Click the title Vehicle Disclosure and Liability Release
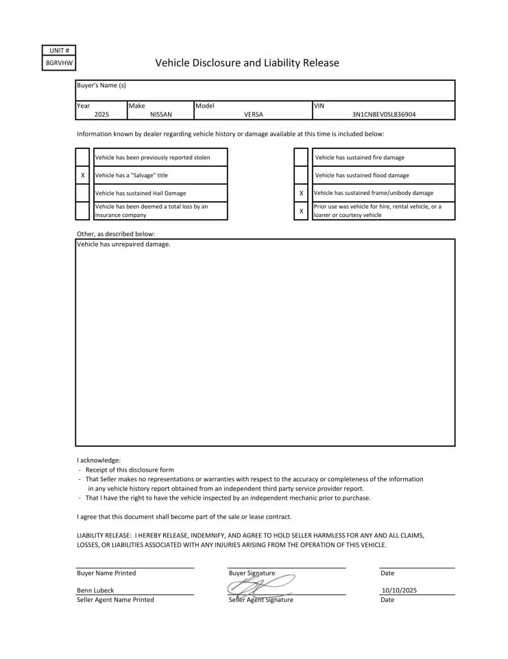click(247, 63)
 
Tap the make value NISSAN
click(160, 115)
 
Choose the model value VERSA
click(254, 115)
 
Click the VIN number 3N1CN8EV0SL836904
click(383, 115)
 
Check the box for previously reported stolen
click(82, 158)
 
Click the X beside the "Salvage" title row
click(82, 176)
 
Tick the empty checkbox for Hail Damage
click(82, 194)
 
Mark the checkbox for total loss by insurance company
click(82, 211)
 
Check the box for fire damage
click(301, 158)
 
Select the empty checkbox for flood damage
click(301, 176)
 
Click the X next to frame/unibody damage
click(301, 194)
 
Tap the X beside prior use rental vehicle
click(301, 211)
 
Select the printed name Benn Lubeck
click(95, 590)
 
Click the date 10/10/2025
click(399, 590)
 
